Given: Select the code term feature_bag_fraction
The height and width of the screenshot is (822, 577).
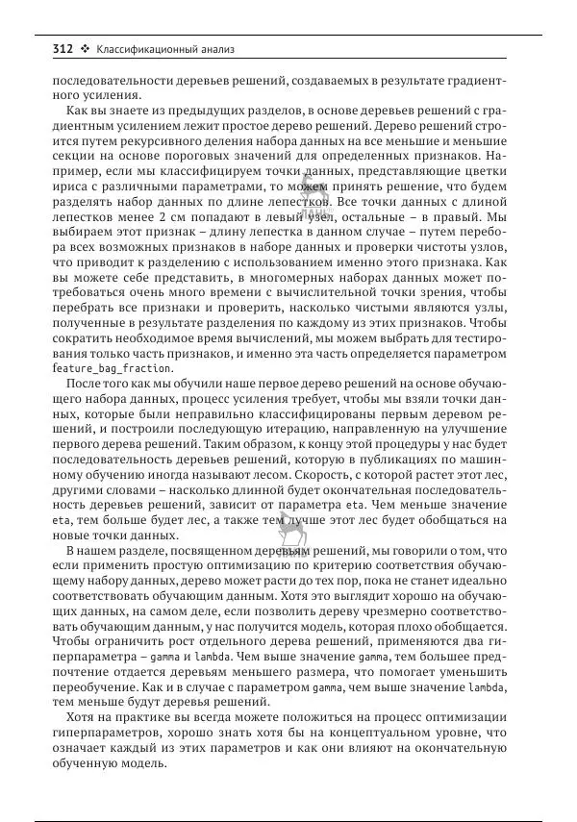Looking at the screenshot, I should click(x=112, y=368).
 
